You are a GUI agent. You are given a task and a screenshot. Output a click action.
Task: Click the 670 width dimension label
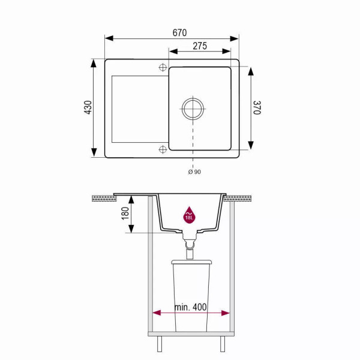click(179, 33)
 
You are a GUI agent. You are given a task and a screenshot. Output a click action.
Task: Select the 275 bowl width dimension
click(200, 46)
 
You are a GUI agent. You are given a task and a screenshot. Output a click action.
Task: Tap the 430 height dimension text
click(88, 107)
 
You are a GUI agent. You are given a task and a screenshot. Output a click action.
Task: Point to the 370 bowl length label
click(257, 107)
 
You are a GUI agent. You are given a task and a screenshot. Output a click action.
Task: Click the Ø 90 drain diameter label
click(194, 172)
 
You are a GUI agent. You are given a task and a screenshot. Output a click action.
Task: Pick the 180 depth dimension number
click(125, 213)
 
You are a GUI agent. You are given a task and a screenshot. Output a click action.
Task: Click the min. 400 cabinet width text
click(190, 307)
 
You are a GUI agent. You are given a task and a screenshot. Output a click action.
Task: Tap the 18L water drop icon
click(189, 215)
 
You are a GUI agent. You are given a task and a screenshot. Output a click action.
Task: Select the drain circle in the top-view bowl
click(193, 109)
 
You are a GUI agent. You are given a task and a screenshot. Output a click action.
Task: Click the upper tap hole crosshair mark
click(163, 67)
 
